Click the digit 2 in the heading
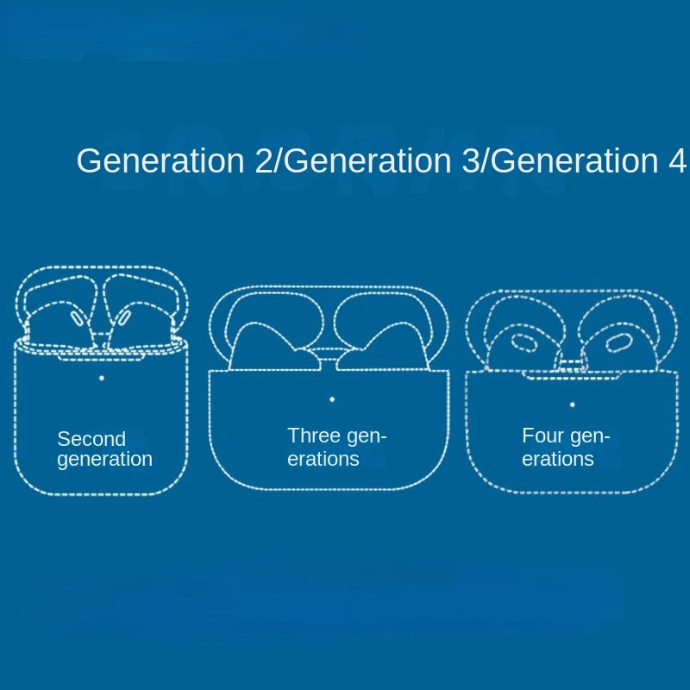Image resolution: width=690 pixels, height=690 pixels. point(264,160)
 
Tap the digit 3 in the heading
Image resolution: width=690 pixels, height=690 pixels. point(470,160)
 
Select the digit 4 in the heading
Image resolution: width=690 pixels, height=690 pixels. point(677,160)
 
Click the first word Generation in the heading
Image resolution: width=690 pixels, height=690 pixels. point(160,160)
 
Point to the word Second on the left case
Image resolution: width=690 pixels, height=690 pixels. point(91,439)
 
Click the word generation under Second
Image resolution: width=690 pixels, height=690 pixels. point(104,460)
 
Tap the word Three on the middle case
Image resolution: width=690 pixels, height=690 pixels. point(313,436)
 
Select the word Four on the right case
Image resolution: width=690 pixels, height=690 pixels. point(543,436)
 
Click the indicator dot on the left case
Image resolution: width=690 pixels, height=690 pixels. point(102,378)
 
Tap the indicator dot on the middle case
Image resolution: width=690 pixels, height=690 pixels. point(332,399)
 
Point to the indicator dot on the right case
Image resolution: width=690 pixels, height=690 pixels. point(573,405)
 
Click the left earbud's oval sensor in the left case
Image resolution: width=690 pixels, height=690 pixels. point(77,318)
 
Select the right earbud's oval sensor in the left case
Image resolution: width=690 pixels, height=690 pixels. point(123,317)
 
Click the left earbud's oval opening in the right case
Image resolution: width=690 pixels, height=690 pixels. point(524,342)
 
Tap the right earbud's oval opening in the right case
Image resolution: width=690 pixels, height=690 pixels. point(618,342)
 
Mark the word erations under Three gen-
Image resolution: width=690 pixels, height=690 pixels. point(323,459)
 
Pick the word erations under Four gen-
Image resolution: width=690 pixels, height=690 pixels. point(558,459)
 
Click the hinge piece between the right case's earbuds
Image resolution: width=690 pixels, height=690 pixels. point(571,364)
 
